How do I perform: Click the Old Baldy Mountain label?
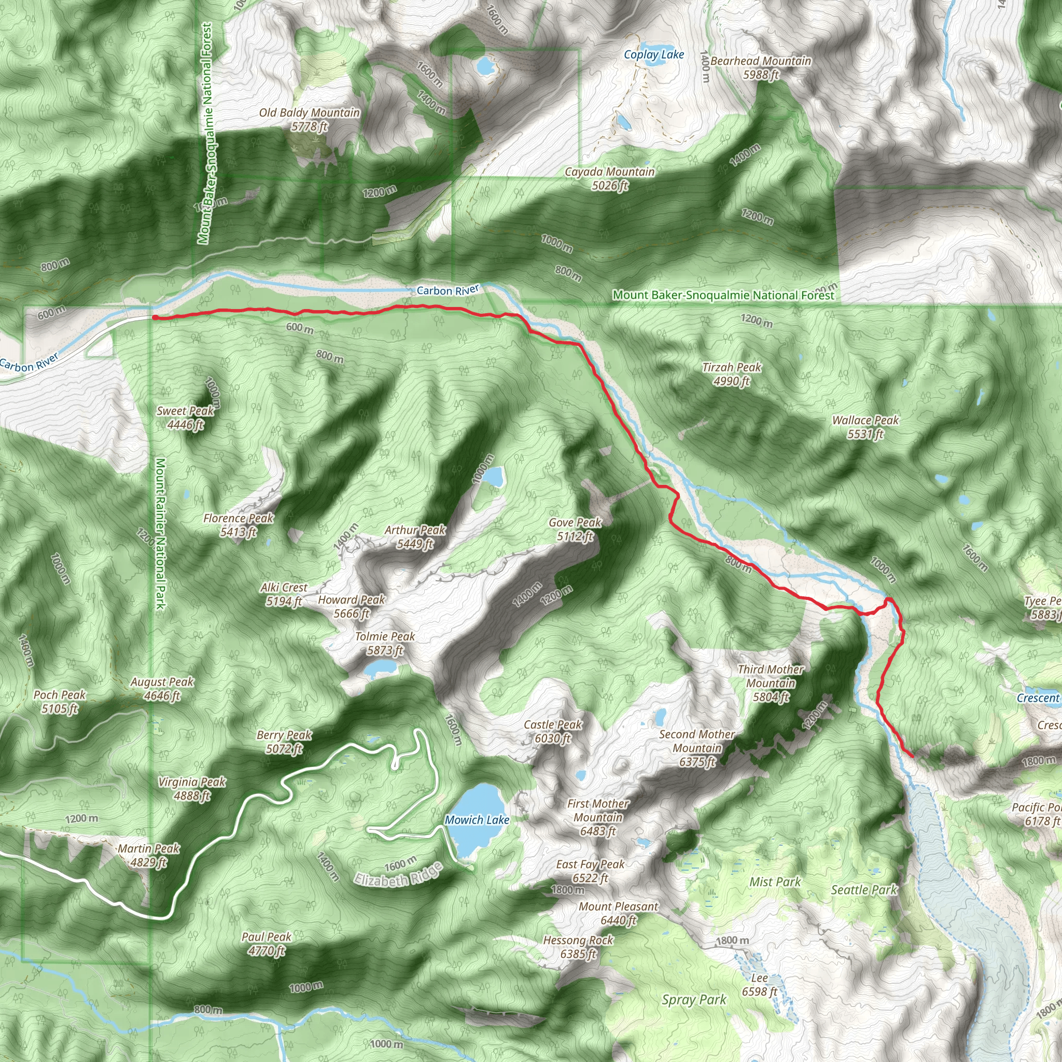click(309, 119)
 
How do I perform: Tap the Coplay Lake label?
click(653, 54)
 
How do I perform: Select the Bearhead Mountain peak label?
click(761, 67)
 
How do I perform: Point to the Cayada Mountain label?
click(610, 179)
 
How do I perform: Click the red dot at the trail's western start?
click(155, 317)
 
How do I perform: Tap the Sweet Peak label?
click(185, 417)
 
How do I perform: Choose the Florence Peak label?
click(238, 524)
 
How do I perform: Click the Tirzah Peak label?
click(732, 374)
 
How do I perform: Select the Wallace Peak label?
click(865, 427)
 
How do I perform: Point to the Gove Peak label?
click(575, 529)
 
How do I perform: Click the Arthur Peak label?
click(415, 537)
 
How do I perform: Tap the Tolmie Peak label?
click(385, 643)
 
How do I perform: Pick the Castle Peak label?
click(552, 731)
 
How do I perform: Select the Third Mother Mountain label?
click(771, 683)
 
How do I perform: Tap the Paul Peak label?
click(266, 943)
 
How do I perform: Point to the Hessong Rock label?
click(578, 946)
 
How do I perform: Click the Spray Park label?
click(694, 999)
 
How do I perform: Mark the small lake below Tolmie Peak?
click(381, 668)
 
